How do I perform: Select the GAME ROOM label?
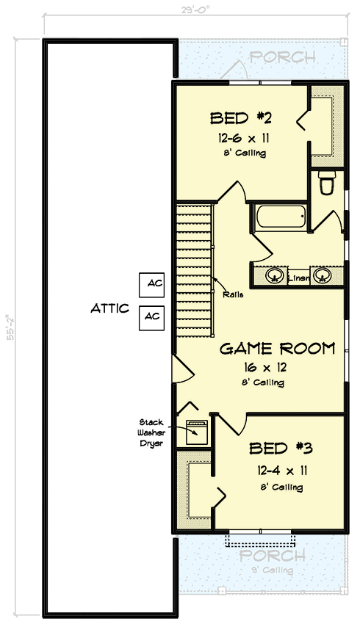coord(278,349)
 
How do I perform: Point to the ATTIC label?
coord(110,309)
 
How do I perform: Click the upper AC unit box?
coord(153,283)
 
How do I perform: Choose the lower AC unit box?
coord(153,316)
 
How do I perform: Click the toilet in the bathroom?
coord(328,183)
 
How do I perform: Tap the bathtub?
coord(281,218)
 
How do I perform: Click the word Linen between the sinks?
coord(299,277)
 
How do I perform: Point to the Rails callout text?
coord(232,295)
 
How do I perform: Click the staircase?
coord(194,269)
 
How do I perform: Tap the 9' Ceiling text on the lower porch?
coord(273,570)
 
